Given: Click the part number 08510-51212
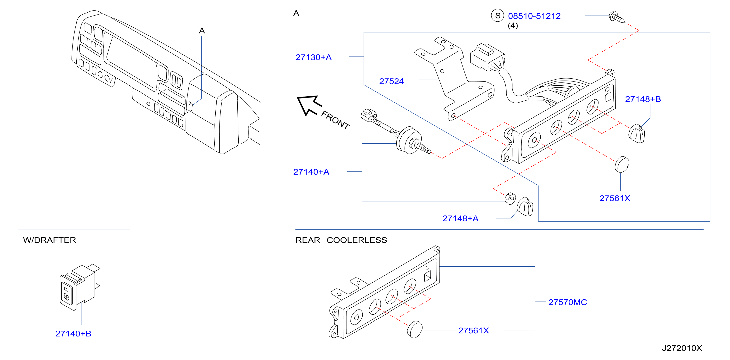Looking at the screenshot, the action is tap(534, 16).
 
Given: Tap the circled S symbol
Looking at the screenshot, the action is tap(497, 16).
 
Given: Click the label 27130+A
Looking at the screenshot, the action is tap(313, 57).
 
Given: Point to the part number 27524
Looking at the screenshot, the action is tap(391, 81).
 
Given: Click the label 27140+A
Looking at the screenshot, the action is tap(311, 172).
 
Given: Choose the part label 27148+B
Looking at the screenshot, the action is tap(643, 99).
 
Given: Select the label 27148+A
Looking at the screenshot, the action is tap(461, 219).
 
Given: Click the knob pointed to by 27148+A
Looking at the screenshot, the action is tap(525, 207).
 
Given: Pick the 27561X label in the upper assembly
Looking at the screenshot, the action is tap(615, 198).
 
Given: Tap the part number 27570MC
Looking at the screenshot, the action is tap(568, 302).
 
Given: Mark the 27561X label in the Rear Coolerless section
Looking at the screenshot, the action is tap(474, 330).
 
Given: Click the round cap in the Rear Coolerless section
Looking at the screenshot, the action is tap(414, 329).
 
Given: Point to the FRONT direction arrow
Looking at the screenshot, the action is tap(309, 106).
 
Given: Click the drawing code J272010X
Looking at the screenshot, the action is tap(682, 348).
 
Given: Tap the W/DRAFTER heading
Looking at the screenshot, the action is tap(49, 240).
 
